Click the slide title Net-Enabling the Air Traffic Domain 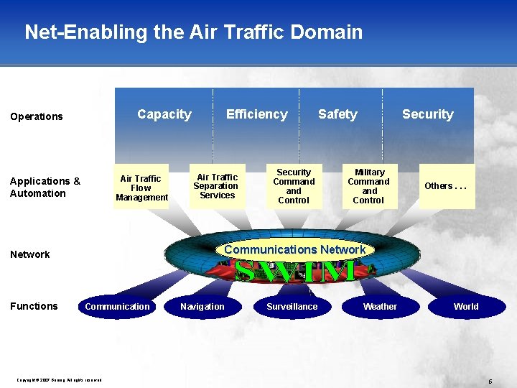tap(193, 32)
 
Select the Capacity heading tap(164, 114)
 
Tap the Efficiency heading tap(256, 114)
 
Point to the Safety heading tap(337, 114)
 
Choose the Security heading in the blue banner tap(427, 114)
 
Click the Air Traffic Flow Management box tap(141, 188)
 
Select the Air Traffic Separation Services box tap(217, 186)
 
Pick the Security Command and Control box tap(294, 187)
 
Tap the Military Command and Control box tap(369, 187)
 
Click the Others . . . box tap(446, 186)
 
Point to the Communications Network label tap(295, 249)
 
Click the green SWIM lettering tap(295, 271)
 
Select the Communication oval tap(117, 307)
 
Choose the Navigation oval tap(202, 307)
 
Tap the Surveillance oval tap(292, 307)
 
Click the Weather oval tap(380, 307)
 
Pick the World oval tap(465, 307)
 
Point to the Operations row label tap(37, 116)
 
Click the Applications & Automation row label tap(45, 187)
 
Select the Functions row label tap(34, 306)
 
